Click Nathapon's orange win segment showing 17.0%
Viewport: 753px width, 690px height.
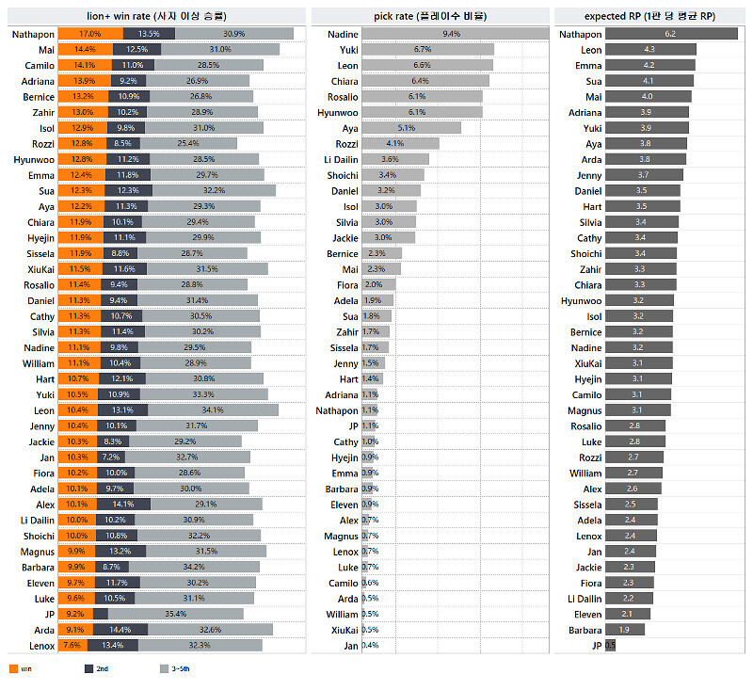pos(89,34)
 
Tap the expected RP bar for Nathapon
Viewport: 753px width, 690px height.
pos(670,34)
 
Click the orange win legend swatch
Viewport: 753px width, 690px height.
pos(13,668)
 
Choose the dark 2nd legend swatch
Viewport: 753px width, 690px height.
pos(88,668)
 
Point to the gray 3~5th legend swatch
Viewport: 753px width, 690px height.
pos(164,668)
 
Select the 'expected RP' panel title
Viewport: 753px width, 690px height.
pos(650,16)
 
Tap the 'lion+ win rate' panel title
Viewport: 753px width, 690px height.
pos(155,16)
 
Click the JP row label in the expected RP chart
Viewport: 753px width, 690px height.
pos(596,645)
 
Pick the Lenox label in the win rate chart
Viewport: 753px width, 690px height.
pos(41,645)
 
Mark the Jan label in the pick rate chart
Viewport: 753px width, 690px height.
pos(350,645)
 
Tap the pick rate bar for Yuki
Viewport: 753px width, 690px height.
pos(427,49)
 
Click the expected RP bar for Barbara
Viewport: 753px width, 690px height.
pos(624,630)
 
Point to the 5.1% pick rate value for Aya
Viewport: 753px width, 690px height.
pos(407,128)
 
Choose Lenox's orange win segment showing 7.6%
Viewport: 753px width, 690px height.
pos(72,645)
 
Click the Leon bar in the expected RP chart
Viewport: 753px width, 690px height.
pos(650,50)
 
